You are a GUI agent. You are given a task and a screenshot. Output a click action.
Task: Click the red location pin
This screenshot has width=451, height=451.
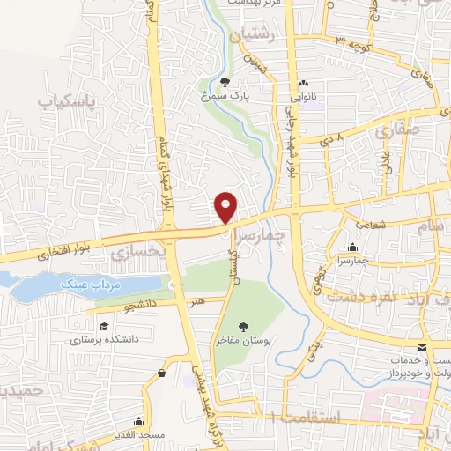point(226,206)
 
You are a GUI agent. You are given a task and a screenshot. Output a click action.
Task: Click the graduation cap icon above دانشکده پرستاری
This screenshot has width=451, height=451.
point(82,323)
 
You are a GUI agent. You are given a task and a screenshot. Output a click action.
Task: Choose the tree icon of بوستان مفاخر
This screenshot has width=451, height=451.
point(243,327)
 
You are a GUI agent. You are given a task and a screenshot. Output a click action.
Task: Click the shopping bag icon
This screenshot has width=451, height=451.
point(163,374)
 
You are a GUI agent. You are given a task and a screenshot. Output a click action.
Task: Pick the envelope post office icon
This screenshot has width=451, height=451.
point(423,347)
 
